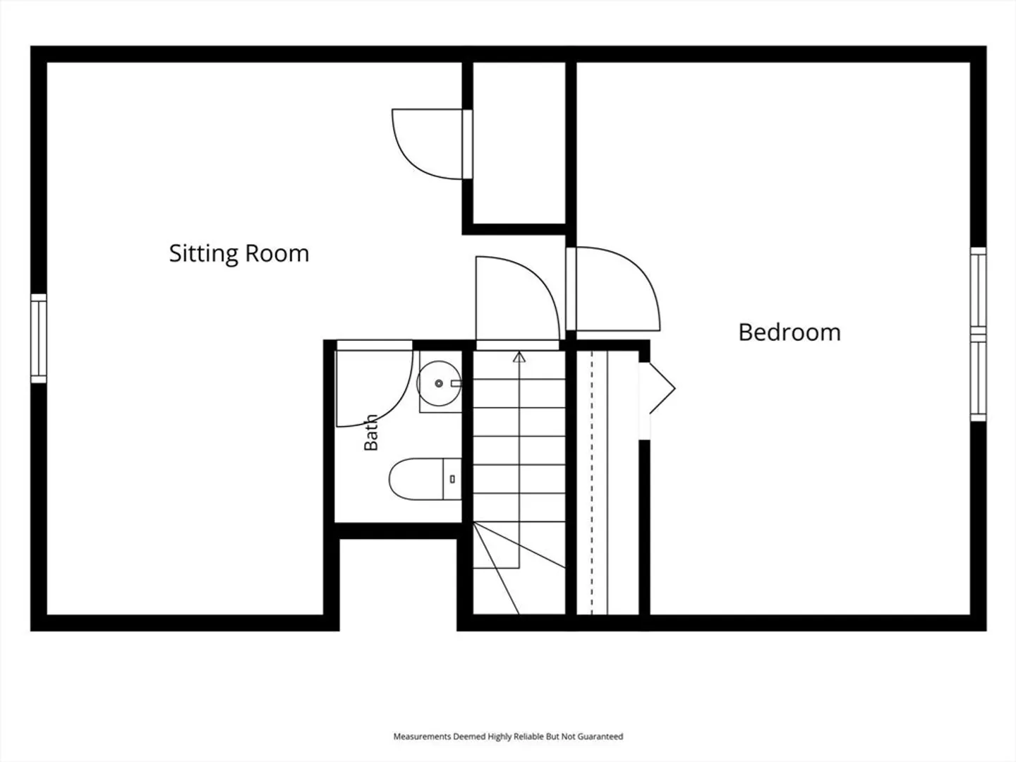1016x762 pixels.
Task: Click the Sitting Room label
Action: (239, 254)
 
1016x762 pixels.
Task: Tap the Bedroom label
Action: (790, 332)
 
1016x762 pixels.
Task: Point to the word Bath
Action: (371, 433)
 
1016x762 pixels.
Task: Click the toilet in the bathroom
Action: (425, 479)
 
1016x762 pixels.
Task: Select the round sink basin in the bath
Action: (439, 384)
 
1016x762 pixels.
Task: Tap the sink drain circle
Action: (439, 383)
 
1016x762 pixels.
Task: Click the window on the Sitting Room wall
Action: (39, 339)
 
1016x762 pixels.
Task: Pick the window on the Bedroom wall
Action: (978, 334)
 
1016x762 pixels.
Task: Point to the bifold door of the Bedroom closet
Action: (658, 388)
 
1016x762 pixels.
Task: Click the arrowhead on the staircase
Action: (519, 357)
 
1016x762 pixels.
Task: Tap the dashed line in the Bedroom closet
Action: (591, 483)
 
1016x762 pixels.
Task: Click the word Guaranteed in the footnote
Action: (600, 736)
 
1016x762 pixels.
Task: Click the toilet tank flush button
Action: (452, 479)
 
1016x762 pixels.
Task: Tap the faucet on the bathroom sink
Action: (456, 383)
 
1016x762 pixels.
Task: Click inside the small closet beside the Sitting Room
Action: (519, 143)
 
